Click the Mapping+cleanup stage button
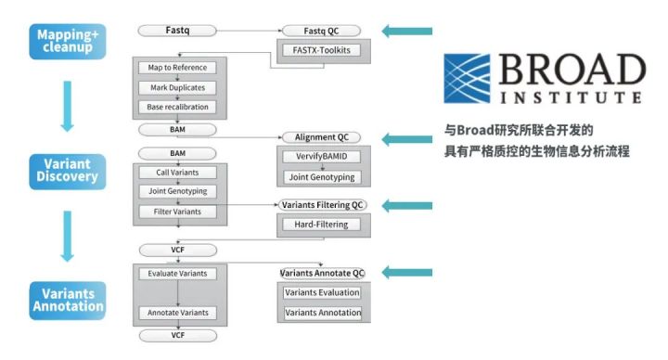click(x=68, y=42)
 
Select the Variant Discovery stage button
click(x=68, y=172)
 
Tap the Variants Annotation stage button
click(x=68, y=301)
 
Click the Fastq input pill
click(x=177, y=31)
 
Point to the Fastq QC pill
click(x=321, y=31)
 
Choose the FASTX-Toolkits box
click(x=321, y=50)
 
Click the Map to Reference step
click(x=177, y=68)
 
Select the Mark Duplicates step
click(x=177, y=88)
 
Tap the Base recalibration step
click(x=177, y=107)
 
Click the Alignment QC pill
click(x=321, y=137)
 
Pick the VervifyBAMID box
click(x=321, y=157)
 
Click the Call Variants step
click(x=177, y=173)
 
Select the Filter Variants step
click(x=177, y=212)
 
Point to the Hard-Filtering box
click(x=321, y=225)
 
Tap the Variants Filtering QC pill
click(x=322, y=205)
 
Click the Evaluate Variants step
click(x=177, y=274)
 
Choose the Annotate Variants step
click(x=177, y=313)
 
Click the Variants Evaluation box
click(x=322, y=292)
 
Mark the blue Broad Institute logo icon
click(x=467, y=78)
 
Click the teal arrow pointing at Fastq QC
click(x=407, y=32)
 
